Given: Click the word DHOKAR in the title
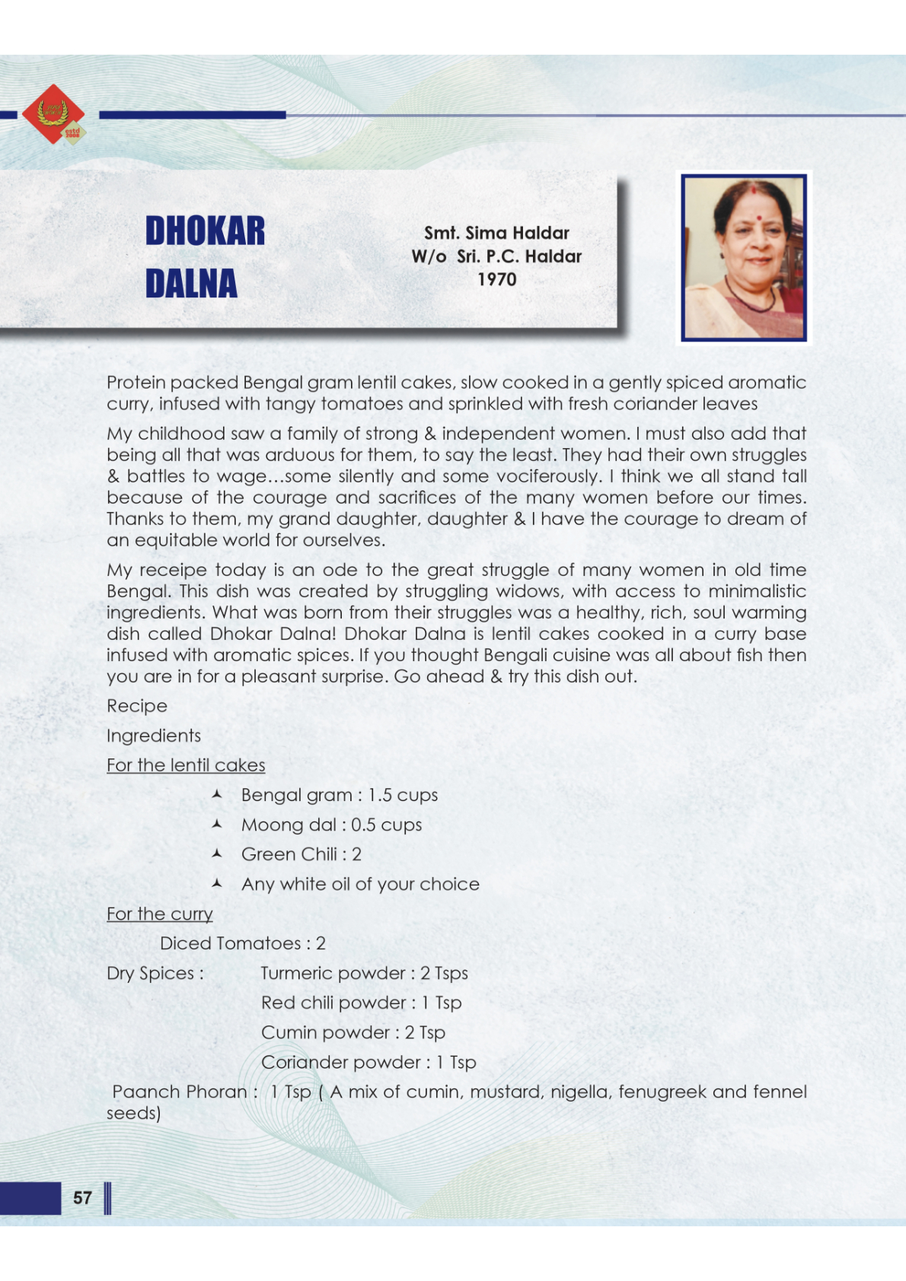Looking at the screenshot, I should click(x=205, y=231).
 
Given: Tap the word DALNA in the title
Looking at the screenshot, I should click(x=191, y=284).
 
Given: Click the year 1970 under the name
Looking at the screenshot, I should click(x=496, y=280).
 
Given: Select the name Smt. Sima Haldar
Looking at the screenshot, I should click(x=496, y=233).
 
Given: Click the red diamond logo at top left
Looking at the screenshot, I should click(x=53, y=114).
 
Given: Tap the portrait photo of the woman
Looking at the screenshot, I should click(x=744, y=257).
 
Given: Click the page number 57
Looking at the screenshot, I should click(x=82, y=1198).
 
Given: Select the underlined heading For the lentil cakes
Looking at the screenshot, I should click(x=186, y=765).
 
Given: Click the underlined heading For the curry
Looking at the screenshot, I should click(x=159, y=914).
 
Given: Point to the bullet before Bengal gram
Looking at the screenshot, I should click(x=217, y=794).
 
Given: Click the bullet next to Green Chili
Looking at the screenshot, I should click(x=217, y=853).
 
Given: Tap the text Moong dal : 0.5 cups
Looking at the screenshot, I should click(x=331, y=825).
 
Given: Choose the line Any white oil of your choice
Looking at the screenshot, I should click(x=360, y=884).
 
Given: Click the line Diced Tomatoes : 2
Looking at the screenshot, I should click(x=243, y=943).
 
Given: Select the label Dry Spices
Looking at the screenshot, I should click(x=155, y=973).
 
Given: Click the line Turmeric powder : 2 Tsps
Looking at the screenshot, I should click(x=364, y=973).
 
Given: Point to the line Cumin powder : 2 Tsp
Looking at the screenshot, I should click(x=353, y=1032).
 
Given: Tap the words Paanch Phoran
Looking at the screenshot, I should click(x=180, y=1092).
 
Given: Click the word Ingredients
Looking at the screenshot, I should click(x=154, y=736).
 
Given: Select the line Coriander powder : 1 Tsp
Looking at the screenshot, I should click(x=368, y=1062).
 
